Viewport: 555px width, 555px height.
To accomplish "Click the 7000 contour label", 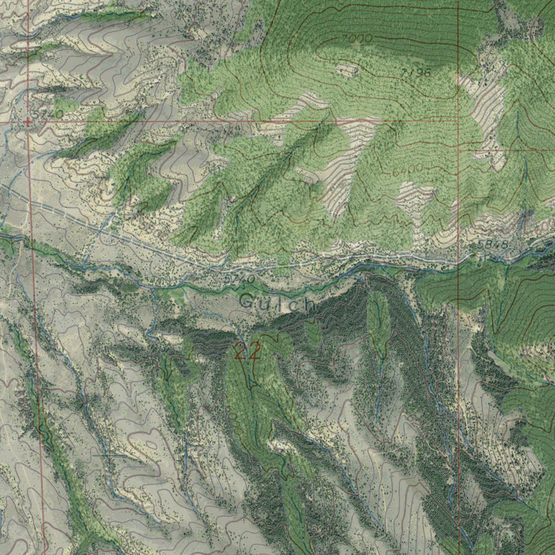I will coord(357,38).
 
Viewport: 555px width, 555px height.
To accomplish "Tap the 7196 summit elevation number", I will coord(416,72).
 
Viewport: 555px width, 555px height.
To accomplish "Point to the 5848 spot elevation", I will coord(493,245).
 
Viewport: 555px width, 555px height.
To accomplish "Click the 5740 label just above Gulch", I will coord(238,279).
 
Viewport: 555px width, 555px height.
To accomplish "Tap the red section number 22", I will coord(247,351).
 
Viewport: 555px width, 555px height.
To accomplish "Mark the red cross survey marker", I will coord(28,122).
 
